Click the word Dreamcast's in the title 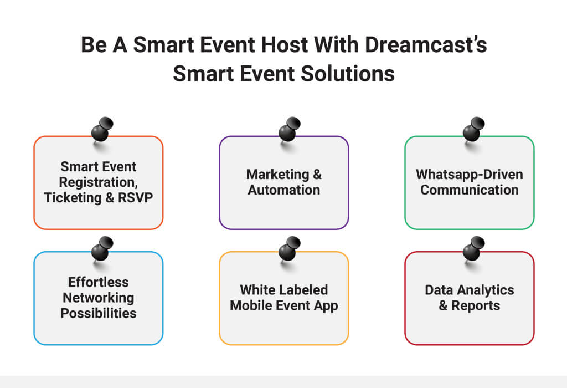coord(426,45)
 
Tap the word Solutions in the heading coord(347,74)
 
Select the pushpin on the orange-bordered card coord(102,129)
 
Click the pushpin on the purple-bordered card coord(289,129)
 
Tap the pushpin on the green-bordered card coord(474,129)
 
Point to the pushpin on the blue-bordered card coord(102,249)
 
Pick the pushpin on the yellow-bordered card coord(289,249)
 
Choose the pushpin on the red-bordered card coord(474,249)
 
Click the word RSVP coord(135,198)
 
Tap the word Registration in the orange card coord(98,182)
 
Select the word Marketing coord(277,175)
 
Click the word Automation coord(284,190)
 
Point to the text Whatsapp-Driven coord(470,175)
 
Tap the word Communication coord(470,190)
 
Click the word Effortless coord(99,282)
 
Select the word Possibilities coord(99,313)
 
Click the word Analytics coord(485,290)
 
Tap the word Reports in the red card coord(476,306)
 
